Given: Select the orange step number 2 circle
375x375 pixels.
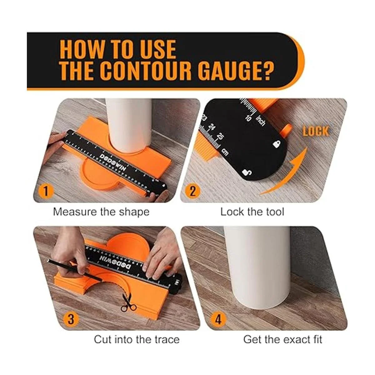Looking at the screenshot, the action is [192, 191].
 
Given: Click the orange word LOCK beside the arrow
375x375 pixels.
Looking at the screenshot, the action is [316, 131].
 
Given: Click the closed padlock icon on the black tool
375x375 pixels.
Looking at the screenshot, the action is [277, 144].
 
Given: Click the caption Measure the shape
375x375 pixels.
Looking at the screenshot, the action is [101, 212].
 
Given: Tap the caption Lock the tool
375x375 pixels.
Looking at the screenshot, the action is [252, 212].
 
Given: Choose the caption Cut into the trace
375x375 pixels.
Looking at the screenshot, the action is [137, 340].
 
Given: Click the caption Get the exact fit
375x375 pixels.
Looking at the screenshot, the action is [282, 340].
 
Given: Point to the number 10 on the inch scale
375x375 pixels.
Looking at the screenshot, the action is [248, 118].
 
